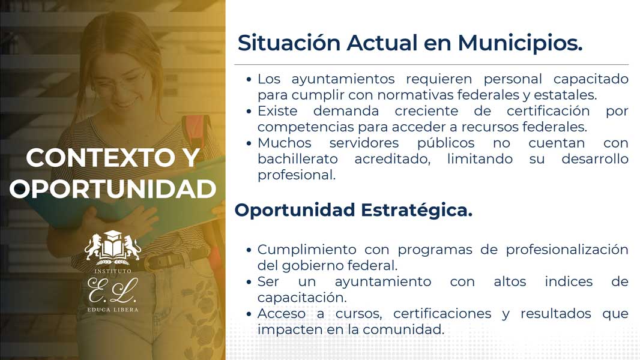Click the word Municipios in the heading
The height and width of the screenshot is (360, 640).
520,43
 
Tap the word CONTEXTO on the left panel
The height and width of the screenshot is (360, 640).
100,158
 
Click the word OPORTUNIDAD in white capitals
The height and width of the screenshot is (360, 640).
113,189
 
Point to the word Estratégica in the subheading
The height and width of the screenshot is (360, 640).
416,211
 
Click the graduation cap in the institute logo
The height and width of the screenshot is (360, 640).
113,236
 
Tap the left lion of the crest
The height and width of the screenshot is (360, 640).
93,247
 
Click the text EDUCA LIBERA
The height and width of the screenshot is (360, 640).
113,310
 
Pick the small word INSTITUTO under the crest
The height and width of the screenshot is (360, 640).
113,271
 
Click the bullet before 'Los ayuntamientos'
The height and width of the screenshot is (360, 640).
249,79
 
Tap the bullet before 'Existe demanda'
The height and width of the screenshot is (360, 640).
249,112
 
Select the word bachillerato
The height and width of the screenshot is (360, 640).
298,158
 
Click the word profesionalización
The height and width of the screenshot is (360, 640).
567,250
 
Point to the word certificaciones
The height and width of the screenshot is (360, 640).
442,314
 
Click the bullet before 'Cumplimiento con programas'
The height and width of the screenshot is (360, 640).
249,250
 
